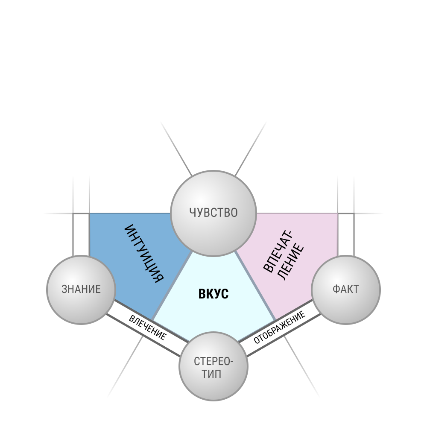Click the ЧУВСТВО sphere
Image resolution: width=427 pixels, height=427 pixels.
coord(213,213)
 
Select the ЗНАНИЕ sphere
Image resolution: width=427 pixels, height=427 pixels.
coord(81,290)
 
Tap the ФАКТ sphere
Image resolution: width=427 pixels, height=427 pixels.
coord(345,290)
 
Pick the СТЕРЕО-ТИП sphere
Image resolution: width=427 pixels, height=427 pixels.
coord(213,366)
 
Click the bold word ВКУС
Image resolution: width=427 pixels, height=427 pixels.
coord(213,294)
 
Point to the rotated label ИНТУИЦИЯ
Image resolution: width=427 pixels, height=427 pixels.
coord(144,254)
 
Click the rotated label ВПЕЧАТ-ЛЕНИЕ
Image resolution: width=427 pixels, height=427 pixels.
coord(284,255)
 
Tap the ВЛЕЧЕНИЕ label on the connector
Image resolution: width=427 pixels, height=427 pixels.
coord(147,328)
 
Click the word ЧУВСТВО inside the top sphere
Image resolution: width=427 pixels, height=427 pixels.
coord(213,213)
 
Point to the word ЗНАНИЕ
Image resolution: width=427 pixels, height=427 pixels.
coord(81,289)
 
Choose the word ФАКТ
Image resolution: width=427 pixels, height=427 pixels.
coord(345,289)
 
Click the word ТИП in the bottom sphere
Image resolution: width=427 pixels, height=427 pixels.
coord(211,374)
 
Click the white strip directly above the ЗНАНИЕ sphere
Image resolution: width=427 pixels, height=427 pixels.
coord(81,234)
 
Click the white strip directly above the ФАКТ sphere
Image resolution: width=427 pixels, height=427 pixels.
coord(346,234)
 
